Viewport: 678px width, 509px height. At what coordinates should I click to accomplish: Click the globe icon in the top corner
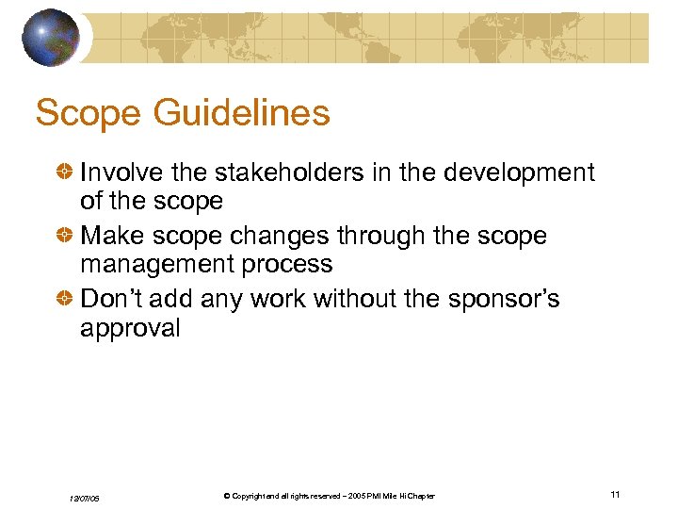point(51,37)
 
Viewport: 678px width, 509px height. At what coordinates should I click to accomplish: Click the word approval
point(130,328)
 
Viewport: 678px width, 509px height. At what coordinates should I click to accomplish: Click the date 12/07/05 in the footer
point(86,497)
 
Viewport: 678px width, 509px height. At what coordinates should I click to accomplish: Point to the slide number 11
point(615,495)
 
